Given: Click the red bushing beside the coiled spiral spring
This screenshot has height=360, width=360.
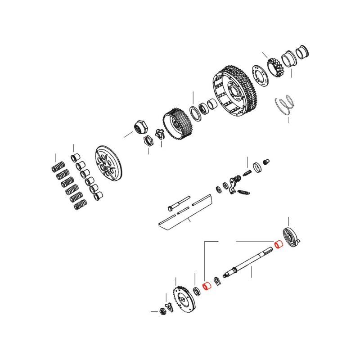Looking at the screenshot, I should (279, 246).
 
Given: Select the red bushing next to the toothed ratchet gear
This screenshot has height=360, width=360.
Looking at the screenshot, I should (207, 286).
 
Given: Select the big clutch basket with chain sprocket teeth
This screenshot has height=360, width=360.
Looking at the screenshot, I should (234, 90).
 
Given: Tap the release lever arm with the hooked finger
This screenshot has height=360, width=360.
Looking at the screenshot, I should (233, 184).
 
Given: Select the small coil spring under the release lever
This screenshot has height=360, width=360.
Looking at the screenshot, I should (243, 193).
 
